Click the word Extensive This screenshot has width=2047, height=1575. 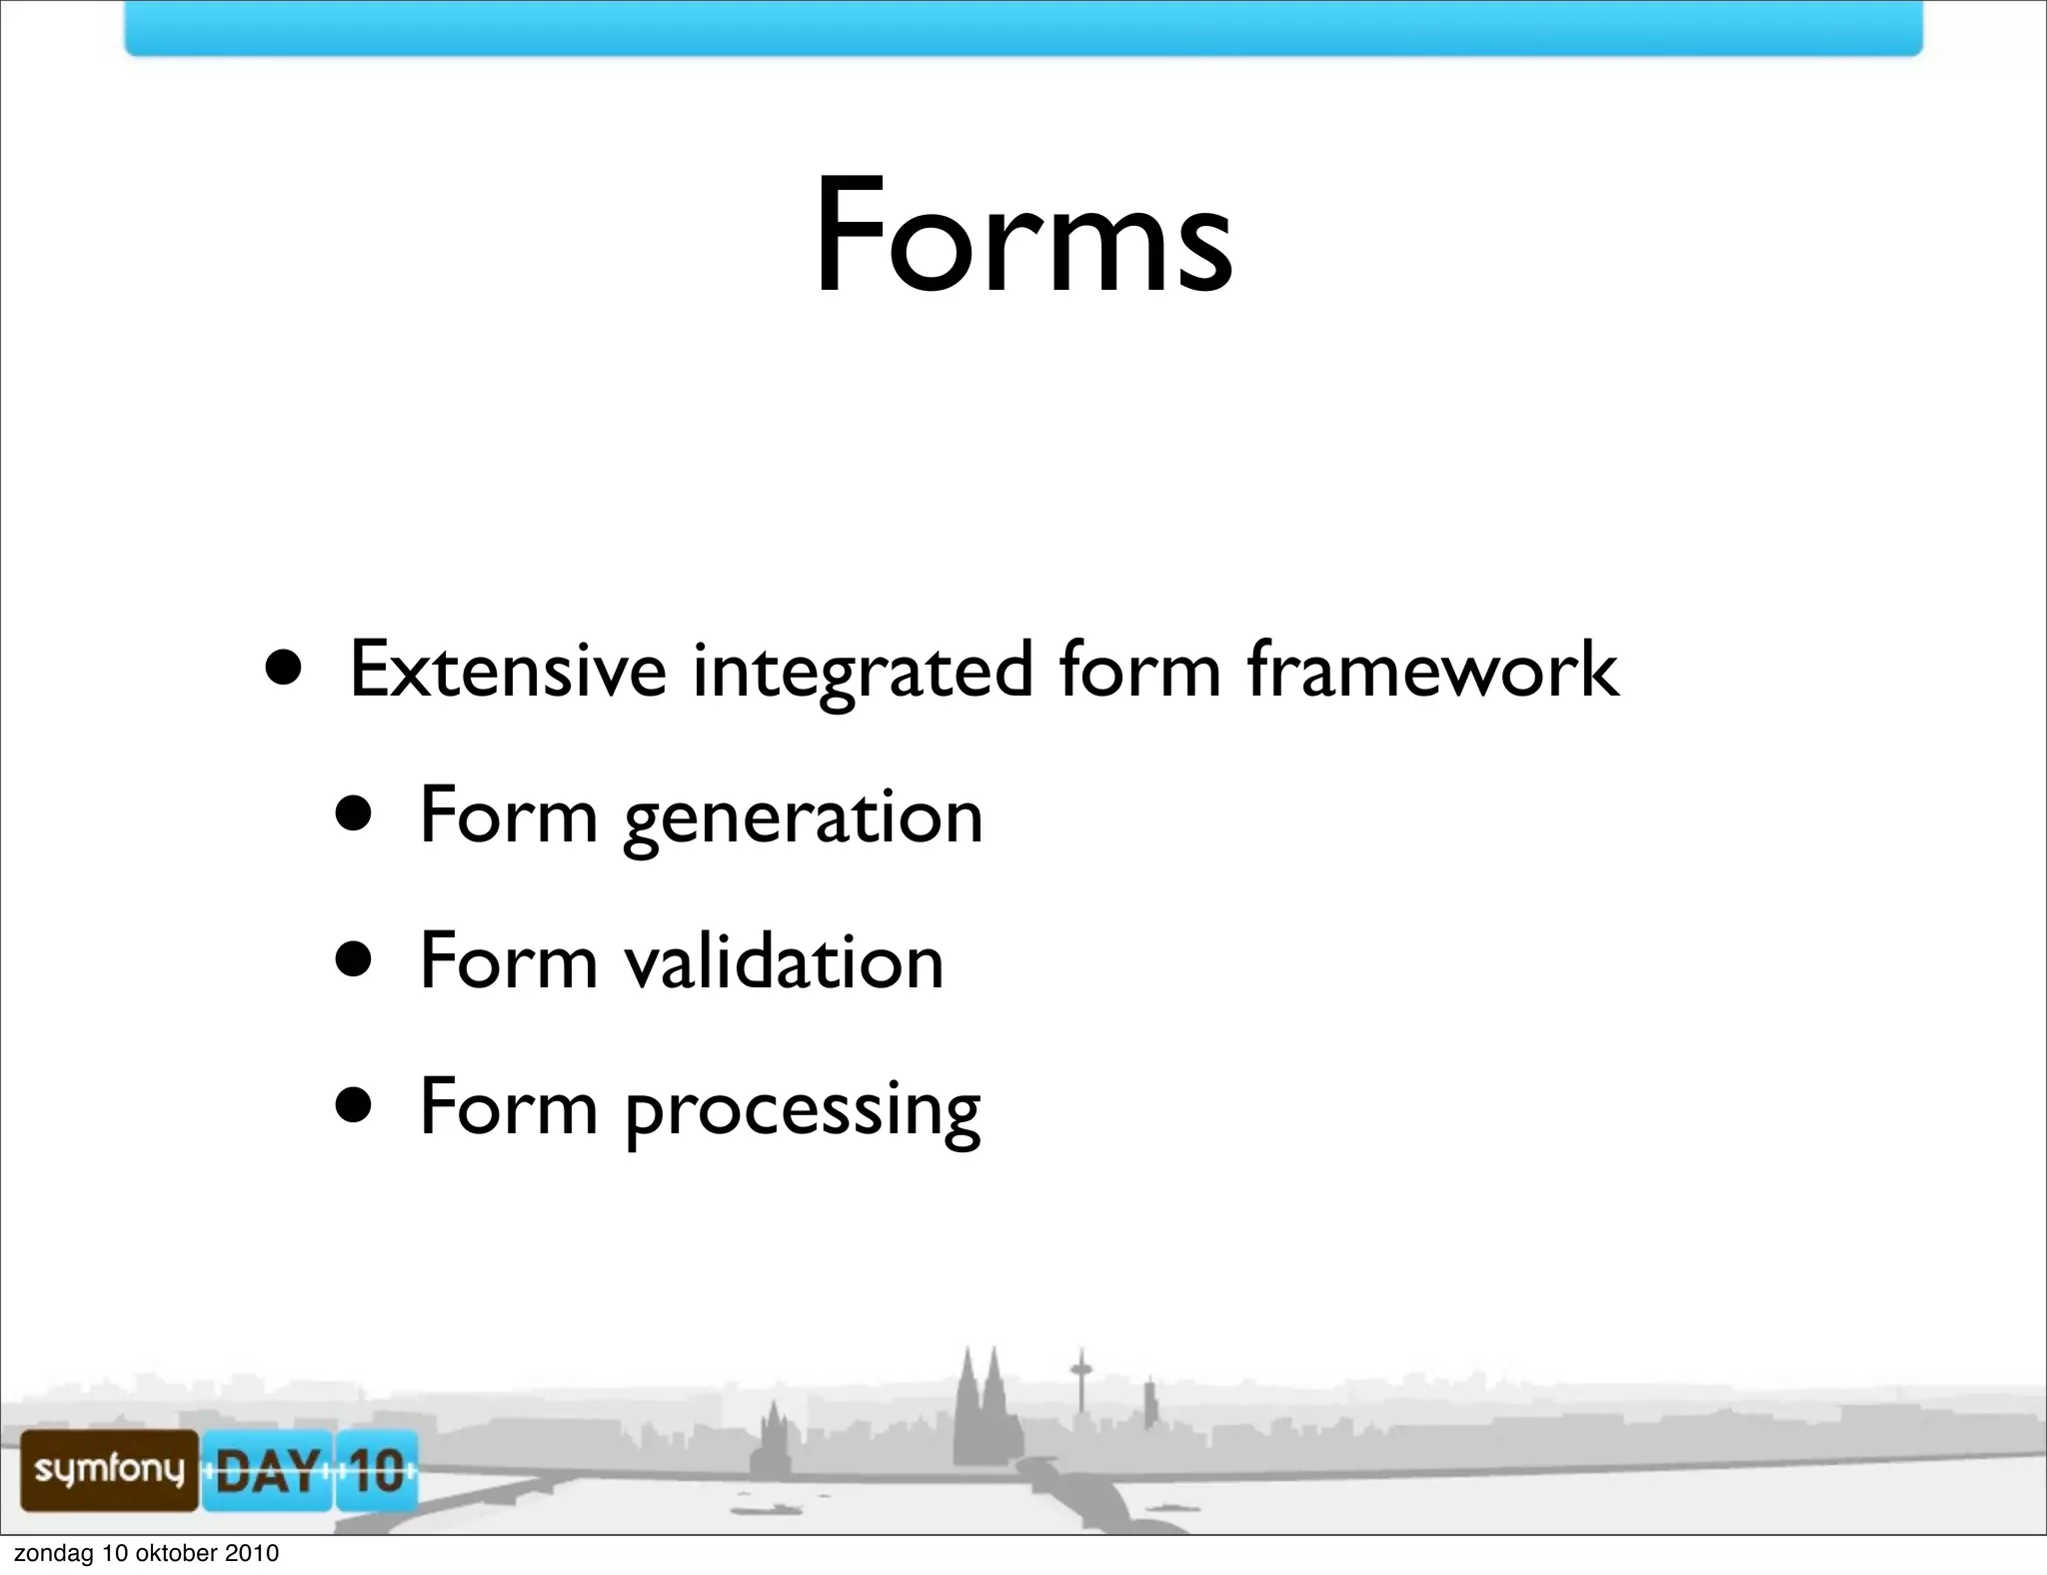pos(508,670)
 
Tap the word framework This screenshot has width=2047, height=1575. pos(1432,670)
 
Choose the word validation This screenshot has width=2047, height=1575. pos(784,961)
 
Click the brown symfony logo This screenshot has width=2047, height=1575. pos(109,1469)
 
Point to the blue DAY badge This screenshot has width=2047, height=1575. pos(267,1470)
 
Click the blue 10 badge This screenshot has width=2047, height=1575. pos(376,1470)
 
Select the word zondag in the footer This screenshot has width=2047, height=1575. pos(53,1553)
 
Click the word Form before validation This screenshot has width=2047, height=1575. pos(509,961)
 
